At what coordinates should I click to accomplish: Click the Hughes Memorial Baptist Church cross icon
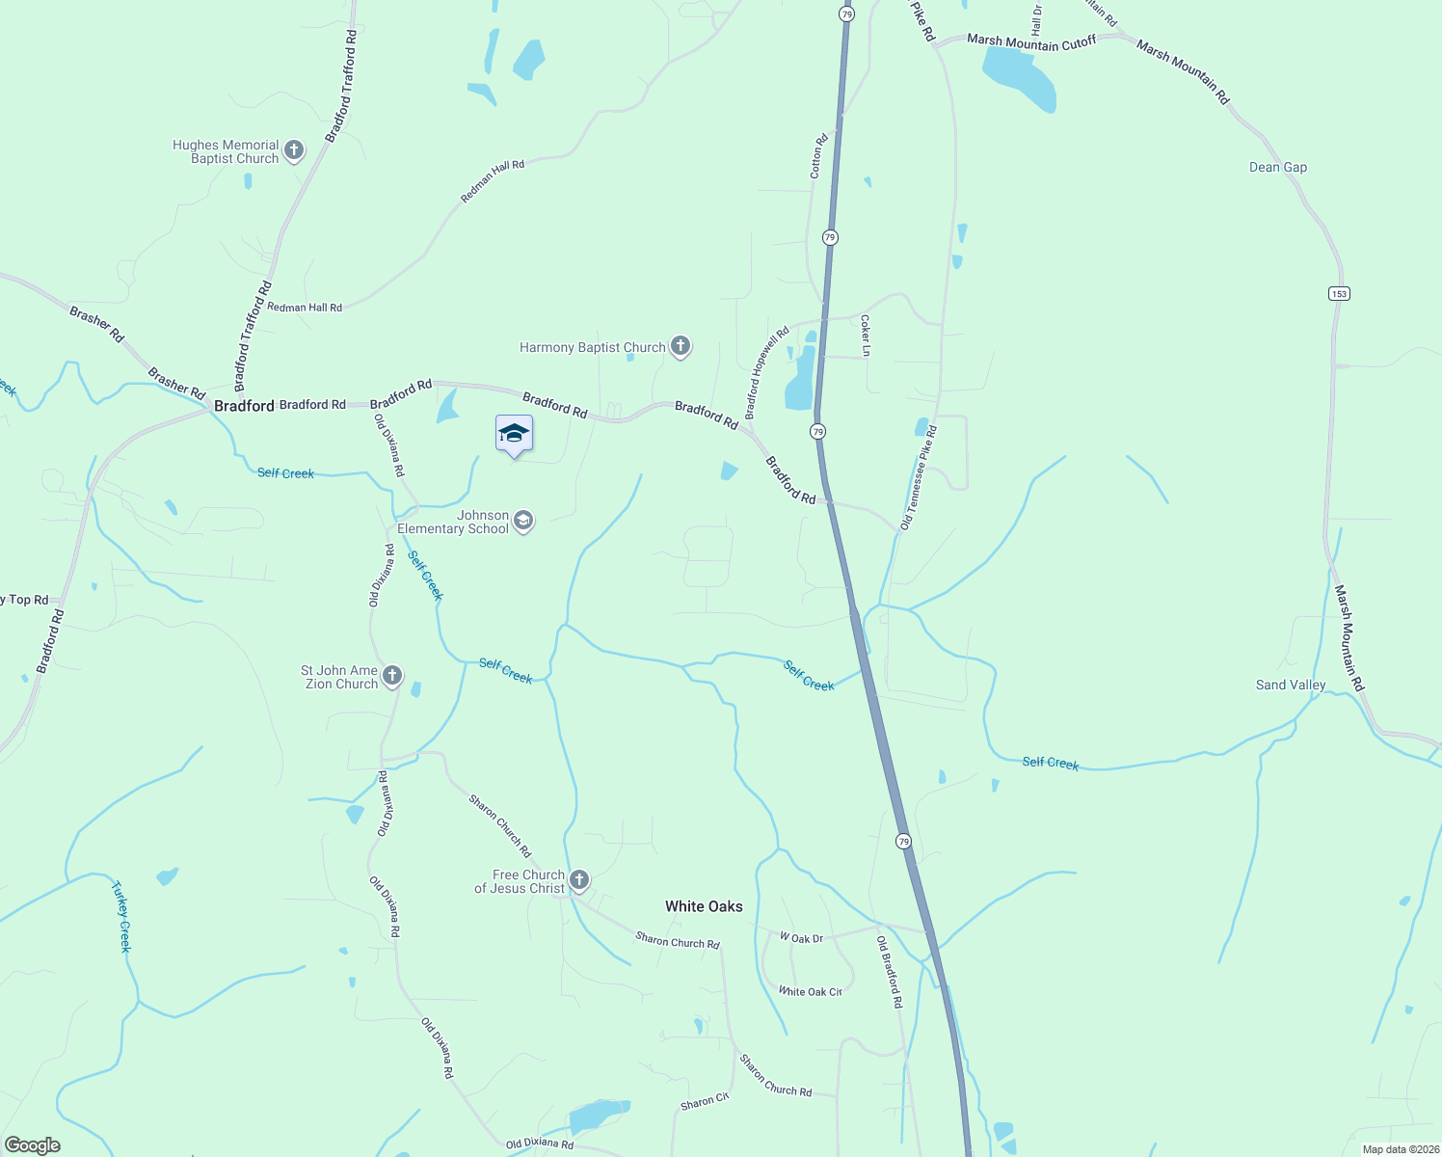point(294,151)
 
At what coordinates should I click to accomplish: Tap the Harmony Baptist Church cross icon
point(681,346)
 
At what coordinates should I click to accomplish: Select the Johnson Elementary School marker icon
point(523,522)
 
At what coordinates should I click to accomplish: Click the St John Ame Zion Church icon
point(392,676)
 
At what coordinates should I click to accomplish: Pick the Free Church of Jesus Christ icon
point(579,879)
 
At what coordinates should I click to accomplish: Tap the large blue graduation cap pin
point(514,434)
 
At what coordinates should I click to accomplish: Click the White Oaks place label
point(704,906)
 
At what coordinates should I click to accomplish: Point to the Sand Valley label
point(1291,685)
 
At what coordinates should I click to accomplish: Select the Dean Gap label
point(1278,167)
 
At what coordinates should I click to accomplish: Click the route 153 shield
point(1339,293)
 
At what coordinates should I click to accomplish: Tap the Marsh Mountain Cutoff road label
point(1031,41)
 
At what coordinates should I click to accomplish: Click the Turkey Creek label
point(121,916)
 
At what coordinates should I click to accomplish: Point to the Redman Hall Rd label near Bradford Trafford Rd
point(305,308)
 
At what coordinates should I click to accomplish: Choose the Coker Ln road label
point(865,336)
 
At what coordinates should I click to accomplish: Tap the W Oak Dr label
point(801,938)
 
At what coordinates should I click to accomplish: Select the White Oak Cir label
point(810,991)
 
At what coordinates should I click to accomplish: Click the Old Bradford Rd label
point(890,972)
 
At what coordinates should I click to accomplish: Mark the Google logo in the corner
point(33,1145)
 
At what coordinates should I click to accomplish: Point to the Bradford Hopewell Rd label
point(766,371)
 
